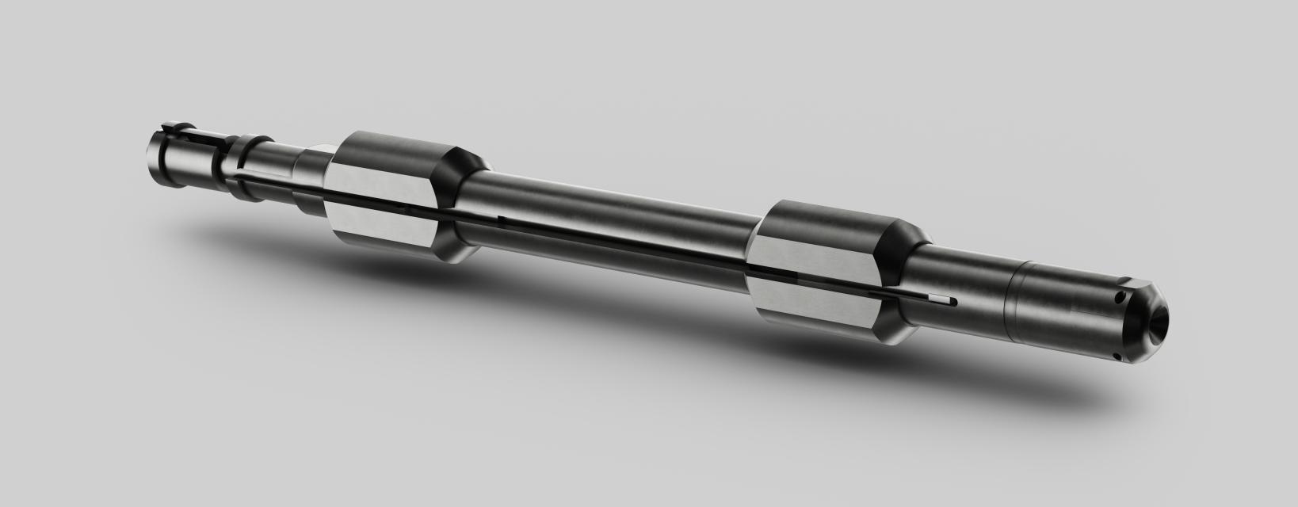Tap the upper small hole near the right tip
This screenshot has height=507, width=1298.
pos(1119,299)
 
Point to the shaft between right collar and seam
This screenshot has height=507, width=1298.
pos(963,269)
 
